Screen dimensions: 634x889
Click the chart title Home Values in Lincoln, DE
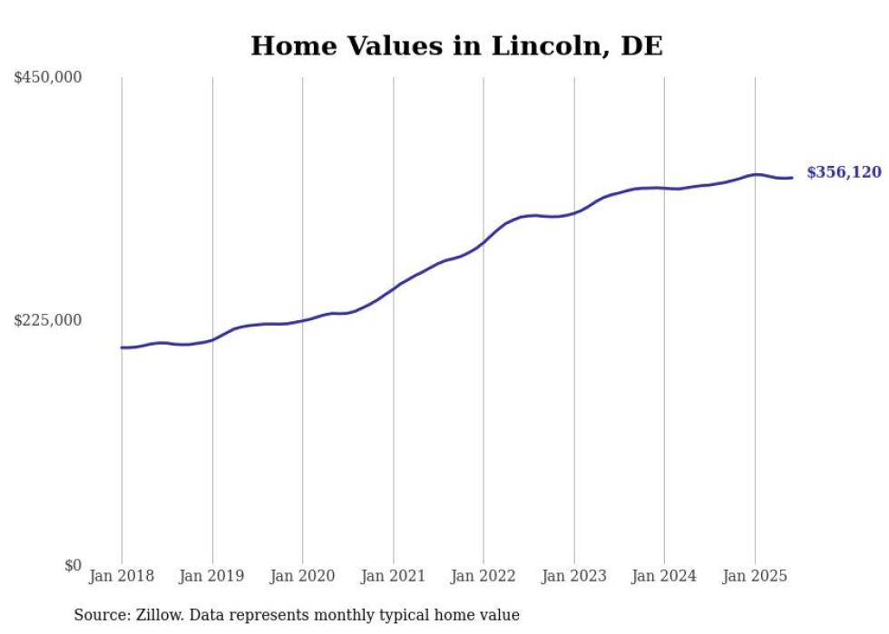(456, 45)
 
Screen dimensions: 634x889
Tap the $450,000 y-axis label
(48, 78)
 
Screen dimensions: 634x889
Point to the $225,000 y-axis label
(48, 320)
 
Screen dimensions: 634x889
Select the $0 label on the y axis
(73, 565)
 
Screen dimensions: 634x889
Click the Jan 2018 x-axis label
(122, 576)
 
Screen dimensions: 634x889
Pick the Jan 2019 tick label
(212, 576)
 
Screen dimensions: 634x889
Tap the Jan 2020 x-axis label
(303, 576)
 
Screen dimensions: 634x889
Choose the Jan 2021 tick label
(393, 576)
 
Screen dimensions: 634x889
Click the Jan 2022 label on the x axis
(484, 576)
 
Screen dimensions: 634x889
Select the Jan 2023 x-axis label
(573, 576)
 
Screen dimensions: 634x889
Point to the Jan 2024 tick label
(664, 576)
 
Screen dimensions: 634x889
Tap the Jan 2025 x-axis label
(755, 576)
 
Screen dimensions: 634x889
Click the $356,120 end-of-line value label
(844, 172)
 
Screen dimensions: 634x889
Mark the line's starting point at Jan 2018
(122, 347)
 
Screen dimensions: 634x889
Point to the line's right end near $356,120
(792, 178)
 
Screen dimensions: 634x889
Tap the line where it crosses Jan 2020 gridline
(303, 319)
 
